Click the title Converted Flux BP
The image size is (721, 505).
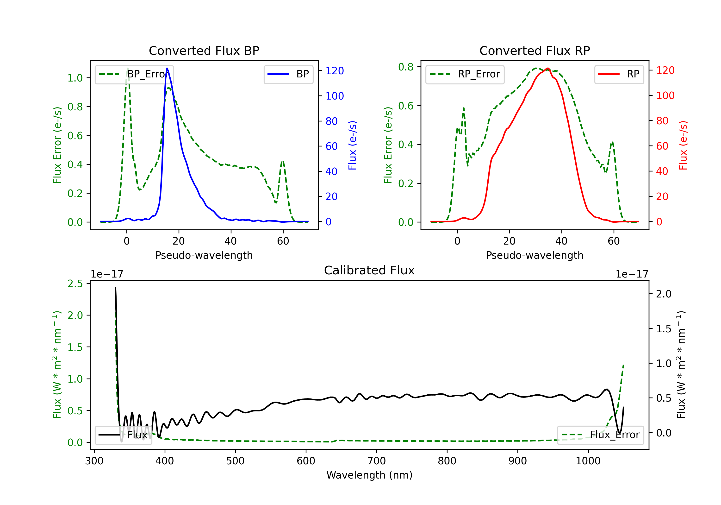[x=204, y=50]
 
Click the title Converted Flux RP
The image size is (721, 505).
[x=535, y=50]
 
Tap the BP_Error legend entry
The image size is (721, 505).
[x=134, y=74]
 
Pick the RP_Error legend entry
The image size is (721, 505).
[x=465, y=74]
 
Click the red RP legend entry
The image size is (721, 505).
[x=619, y=74]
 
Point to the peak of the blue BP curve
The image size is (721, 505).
[x=167, y=68]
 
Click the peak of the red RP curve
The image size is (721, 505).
[x=548, y=68]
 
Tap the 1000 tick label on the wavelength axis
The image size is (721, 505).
[x=588, y=461]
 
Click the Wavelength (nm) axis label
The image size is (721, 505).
[x=369, y=475]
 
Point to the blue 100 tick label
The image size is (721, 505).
[x=335, y=96]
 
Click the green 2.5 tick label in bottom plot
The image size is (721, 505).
[x=75, y=284]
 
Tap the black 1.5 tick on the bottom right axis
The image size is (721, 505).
[x=664, y=329]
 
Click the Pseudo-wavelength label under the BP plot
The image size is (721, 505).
[x=204, y=255]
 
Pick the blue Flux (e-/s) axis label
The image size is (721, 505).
[x=352, y=145]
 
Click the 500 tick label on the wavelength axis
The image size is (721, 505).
[x=235, y=461]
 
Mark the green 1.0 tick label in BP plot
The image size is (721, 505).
[x=75, y=78]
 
